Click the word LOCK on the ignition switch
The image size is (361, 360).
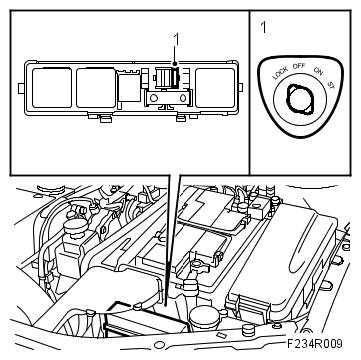280,73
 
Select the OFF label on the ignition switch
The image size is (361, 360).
299,66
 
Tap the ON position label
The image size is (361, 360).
318,71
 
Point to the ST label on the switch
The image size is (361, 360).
331,86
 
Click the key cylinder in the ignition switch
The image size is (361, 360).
300,100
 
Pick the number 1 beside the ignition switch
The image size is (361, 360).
264,28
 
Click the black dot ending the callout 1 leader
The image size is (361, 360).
175,63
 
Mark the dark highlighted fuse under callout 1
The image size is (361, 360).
175,78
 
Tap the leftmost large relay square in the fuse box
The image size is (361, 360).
52,88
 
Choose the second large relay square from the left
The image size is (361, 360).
96,88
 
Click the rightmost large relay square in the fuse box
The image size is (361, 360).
215,88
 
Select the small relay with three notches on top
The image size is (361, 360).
129,86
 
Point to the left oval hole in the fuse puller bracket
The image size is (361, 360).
154,98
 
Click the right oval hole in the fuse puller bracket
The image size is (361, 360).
183,98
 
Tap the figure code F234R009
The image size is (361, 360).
315,343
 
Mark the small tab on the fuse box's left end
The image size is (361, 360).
21,88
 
